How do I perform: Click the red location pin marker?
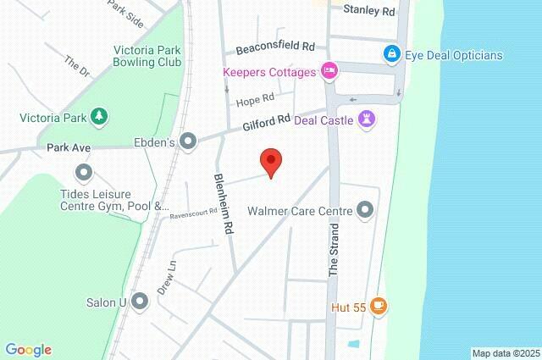pos(270,161)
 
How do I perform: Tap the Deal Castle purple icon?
pos(367,118)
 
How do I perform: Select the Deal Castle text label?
pos(324,119)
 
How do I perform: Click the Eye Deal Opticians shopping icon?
pos(391,55)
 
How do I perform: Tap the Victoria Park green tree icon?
pos(99,115)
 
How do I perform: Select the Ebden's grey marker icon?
pos(187,141)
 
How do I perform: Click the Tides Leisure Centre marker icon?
pos(83,174)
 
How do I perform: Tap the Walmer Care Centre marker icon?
pos(366,208)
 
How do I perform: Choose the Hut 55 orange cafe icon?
pos(379,304)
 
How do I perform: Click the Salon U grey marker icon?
pos(140,301)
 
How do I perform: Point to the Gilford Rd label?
pos(266,124)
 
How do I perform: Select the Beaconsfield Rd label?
pos(275,45)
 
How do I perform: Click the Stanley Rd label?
pos(369,11)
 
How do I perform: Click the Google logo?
pos(28,349)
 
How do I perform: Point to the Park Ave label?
pos(69,147)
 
